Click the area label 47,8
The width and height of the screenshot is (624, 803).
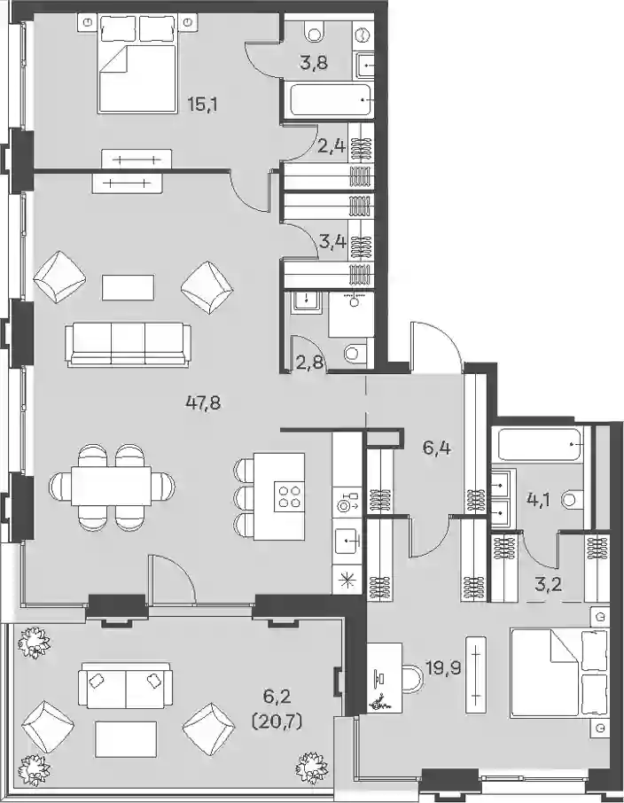pos(202,403)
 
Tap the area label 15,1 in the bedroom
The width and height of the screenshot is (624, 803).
pos(202,105)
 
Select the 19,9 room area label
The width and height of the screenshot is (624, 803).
pos(444,667)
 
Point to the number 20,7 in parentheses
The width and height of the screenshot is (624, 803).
pos(277,721)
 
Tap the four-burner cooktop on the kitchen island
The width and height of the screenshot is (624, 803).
pos(289,496)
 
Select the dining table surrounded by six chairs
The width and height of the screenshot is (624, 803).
pos(112,485)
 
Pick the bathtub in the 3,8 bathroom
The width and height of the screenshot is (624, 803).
pos(331,100)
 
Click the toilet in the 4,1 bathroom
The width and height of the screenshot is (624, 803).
pos(573,499)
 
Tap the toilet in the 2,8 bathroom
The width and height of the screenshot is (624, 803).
pos(356,353)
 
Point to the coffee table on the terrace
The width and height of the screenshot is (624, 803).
pos(126,740)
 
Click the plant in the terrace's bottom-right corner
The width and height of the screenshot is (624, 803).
pos(312,766)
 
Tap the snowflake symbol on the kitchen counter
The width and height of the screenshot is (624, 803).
pos(347,580)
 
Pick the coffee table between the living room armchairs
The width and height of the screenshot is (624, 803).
pos(128,287)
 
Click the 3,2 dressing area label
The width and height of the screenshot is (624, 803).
pos(549,584)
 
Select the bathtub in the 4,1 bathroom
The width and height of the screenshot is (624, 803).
pos(541,446)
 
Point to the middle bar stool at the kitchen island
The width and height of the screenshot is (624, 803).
pos(244,496)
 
